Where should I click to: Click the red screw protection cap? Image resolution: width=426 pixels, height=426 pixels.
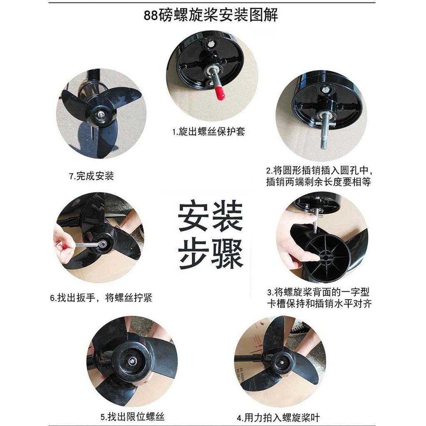[220, 94]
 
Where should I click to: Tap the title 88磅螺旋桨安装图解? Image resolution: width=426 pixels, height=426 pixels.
[211, 15]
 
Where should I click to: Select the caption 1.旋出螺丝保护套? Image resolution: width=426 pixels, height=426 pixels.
[209, 132]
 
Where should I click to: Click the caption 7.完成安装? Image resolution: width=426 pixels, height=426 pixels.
[91, 176]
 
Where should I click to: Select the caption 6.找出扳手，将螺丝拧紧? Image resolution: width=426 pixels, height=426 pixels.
[101, 298]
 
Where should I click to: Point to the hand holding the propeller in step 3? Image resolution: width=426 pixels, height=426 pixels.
[294, 241]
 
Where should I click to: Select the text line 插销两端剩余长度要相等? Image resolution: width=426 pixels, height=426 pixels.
[318, 182]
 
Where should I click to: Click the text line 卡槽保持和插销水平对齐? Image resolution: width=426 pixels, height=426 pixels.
[319, 304]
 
